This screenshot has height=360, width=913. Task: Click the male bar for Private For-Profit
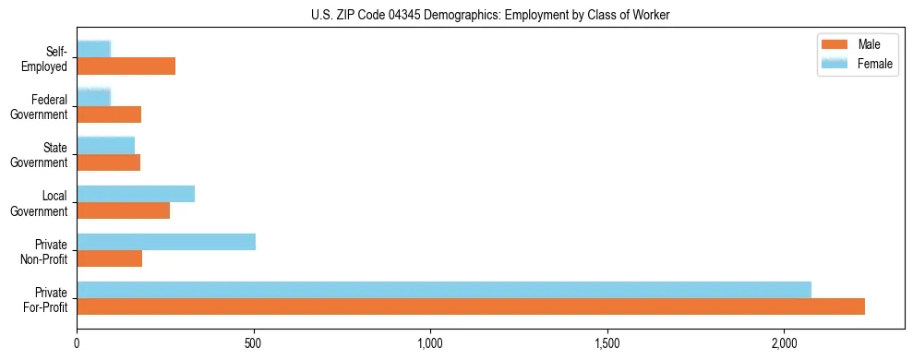point(471,306)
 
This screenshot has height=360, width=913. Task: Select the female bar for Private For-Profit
point(444,290)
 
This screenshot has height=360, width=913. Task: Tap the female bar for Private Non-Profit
point(166,242)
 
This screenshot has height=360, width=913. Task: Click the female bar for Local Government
point(136,194)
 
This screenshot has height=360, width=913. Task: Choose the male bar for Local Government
point(124,210)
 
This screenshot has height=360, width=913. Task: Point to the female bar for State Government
point(106,145)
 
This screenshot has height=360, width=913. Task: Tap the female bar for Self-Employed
point(94,49)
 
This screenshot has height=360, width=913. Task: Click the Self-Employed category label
point(51,57)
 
